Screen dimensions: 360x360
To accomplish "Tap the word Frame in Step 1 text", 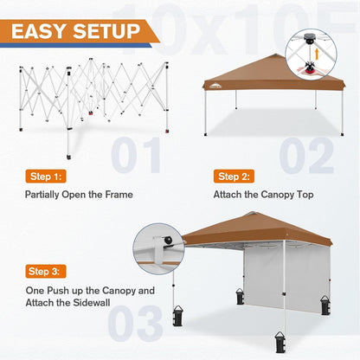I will click(x=118, y=195).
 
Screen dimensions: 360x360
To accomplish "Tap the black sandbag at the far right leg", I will click(x=326, y=304).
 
